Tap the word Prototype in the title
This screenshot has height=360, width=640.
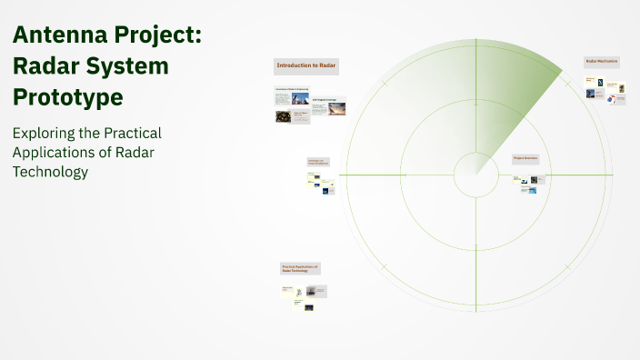68,95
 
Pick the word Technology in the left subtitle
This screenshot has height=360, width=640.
50,172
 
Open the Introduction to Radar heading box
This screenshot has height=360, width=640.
306,66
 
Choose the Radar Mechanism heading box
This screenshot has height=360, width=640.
602,62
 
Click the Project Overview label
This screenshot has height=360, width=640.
525,158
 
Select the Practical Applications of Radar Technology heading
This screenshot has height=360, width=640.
299,268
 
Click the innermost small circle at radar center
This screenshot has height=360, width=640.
474,174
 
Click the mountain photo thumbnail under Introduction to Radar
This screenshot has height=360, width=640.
300,98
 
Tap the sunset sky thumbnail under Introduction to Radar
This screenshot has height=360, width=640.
336,110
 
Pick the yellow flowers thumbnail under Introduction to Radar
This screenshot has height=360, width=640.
283,117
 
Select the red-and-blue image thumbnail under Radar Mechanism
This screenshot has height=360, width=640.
611,99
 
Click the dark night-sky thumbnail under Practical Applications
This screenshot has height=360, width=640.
309,307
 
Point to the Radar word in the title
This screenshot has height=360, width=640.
45,66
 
